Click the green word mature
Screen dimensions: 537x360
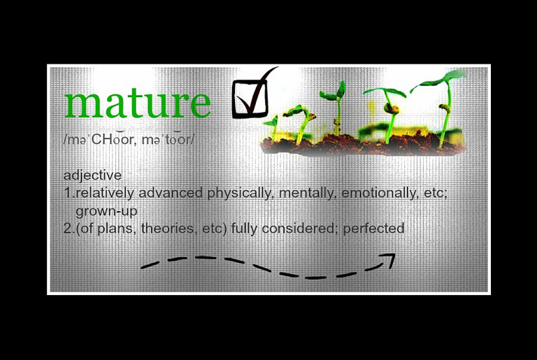coord(137,102)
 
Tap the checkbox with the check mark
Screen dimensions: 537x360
coord(250,99)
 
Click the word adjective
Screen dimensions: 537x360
coord(92,175)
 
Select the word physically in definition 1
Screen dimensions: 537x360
coord(241,193)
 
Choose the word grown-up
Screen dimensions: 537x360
coord(106,211)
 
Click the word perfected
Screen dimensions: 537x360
coord(373,229)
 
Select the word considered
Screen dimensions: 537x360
coord(300,229)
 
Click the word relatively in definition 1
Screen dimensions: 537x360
coord(105,193)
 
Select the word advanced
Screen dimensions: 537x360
coord(171,193)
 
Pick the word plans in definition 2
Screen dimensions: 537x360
coord(115,229)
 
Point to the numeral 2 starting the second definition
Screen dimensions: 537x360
coord(67,229)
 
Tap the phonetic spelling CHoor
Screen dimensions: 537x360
coord(112,139)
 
